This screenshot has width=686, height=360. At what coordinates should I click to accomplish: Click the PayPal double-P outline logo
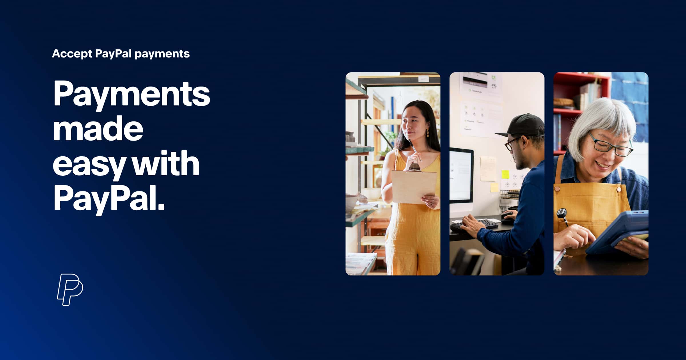pos(70,289)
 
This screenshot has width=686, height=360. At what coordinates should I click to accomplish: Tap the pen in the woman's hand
pos(415,150)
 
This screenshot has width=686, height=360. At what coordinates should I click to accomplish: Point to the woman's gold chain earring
pos(428,133)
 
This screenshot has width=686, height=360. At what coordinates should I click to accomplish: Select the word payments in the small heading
pos(162,54)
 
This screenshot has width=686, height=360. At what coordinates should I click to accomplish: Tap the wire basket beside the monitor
pos(509,199)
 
